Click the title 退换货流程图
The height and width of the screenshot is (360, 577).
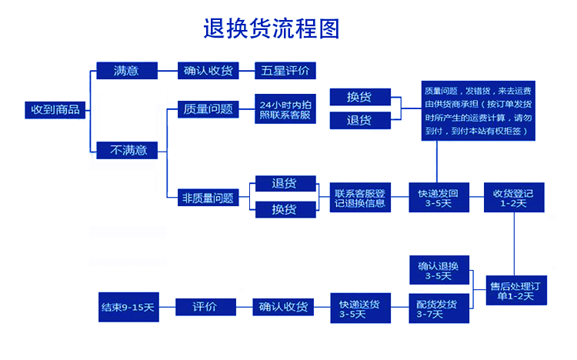pos(271,28)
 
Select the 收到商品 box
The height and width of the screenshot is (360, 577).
pos(55,109)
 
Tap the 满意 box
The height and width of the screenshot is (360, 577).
pos(126,70)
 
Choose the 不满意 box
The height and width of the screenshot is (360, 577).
pos(128,150)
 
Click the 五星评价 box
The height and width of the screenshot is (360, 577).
pos(285,71)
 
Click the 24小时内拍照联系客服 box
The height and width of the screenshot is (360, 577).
pos(285,109)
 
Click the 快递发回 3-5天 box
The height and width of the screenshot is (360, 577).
pos(437,198)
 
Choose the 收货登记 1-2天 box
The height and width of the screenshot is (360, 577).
pos(513,198)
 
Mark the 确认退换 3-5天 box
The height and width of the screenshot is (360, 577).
pos(438,271)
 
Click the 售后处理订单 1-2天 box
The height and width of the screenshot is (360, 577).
pos(513,290)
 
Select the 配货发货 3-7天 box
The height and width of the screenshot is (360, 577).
pos(438,308)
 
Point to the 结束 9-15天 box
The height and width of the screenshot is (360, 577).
pos(128,308)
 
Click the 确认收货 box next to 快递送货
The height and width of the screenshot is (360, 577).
pos(284,307)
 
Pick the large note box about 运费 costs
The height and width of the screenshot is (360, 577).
pos(478,109)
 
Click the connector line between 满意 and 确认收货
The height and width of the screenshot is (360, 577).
pos(168,71)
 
